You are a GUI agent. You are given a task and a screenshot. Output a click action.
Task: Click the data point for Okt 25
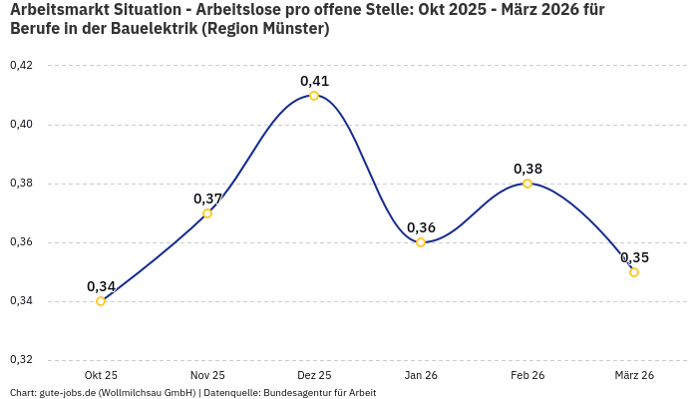101,301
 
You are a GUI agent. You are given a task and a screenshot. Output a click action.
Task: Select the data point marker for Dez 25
314,96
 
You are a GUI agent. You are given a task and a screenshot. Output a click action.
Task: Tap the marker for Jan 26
421,242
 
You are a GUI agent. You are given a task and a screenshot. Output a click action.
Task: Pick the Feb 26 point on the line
527,184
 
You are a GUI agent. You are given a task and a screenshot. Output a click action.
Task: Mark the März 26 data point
634,272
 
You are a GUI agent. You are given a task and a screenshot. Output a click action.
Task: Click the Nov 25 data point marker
207,213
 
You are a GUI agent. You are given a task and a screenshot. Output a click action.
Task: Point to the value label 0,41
314,81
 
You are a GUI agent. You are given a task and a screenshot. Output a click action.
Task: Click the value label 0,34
101,286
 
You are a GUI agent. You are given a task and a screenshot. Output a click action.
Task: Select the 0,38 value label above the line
527,169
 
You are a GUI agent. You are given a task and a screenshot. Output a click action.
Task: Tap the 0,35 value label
634,257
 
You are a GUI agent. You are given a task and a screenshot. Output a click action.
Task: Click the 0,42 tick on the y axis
21,66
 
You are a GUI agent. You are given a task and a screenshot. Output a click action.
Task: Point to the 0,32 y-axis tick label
21,360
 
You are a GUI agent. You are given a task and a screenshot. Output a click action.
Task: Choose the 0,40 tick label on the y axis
21,125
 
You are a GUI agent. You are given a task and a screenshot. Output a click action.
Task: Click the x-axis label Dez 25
314,375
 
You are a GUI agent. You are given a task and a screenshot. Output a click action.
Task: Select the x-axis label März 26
634,375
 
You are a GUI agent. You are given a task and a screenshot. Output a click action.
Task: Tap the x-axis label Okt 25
101,375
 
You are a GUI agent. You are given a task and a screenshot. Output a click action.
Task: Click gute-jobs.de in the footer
67,393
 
